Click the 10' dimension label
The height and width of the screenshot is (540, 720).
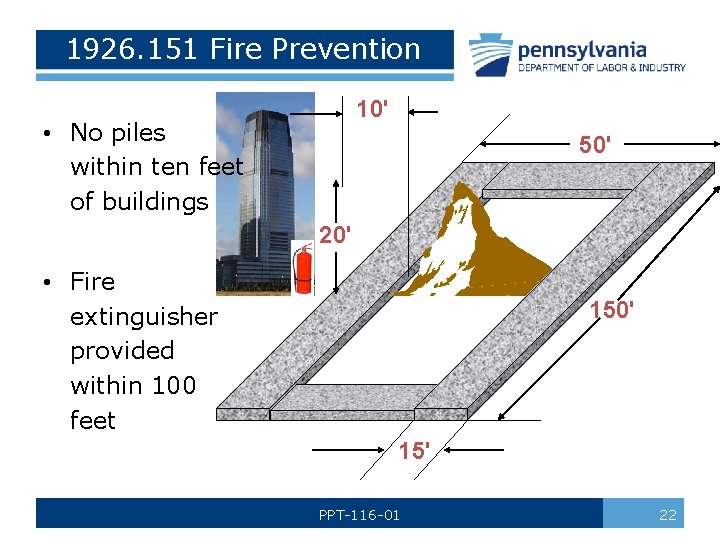tap(373, 109)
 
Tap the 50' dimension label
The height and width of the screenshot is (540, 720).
tap(595, 145)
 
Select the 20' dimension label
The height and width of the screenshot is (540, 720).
tap(335, 236)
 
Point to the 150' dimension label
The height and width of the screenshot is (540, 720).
tap(611, 310)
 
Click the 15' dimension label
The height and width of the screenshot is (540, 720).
tap(413, 451)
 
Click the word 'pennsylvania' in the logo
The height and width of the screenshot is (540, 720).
tap(582, 49)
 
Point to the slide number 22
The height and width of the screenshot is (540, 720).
tap(667, 515)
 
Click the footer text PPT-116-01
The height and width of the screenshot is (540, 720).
tap(359, 515)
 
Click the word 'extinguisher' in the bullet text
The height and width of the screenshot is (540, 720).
tap(143, 317)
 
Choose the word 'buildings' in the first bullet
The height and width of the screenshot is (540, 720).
tap(139, 201)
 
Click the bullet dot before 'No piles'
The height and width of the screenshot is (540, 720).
tap(47, 133)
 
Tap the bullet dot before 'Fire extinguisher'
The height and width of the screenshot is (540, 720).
tap(47, 282)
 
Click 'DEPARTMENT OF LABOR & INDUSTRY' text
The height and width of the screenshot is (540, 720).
tap(601, 68)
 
